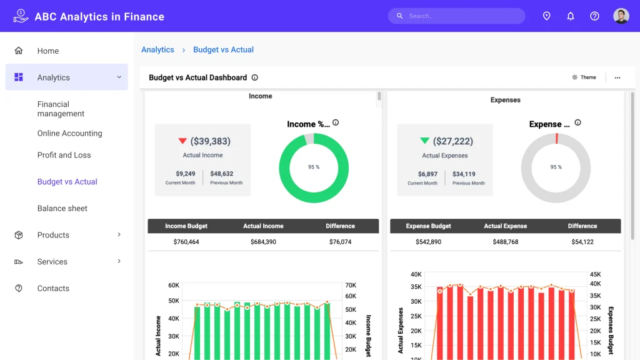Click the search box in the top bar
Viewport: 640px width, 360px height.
(456, 16)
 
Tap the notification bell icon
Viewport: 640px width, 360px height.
(571, 16)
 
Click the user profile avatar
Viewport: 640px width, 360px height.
(621, 16)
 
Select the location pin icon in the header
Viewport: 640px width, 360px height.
(546, 16)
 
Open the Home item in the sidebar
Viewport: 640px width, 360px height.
(47, 51)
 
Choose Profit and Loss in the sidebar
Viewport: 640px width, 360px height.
(64, 155)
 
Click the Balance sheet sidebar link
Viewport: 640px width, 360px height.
(62, 208)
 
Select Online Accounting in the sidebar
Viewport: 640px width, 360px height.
(69, 133)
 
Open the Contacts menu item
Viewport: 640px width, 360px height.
(53, 288)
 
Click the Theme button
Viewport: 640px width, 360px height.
(584, 77)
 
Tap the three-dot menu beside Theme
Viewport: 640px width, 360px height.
(617, 77)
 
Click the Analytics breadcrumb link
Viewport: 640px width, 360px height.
(157, 50)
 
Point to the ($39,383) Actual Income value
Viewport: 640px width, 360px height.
(210, 141)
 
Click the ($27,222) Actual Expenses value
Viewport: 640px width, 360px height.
(453, 141)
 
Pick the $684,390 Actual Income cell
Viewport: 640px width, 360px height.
(263, 242)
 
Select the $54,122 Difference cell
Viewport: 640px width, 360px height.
(582, 242)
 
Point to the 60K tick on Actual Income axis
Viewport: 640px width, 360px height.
(173, 285)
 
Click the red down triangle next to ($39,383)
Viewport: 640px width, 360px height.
(182, 141)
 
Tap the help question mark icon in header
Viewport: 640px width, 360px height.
(595, 16)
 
